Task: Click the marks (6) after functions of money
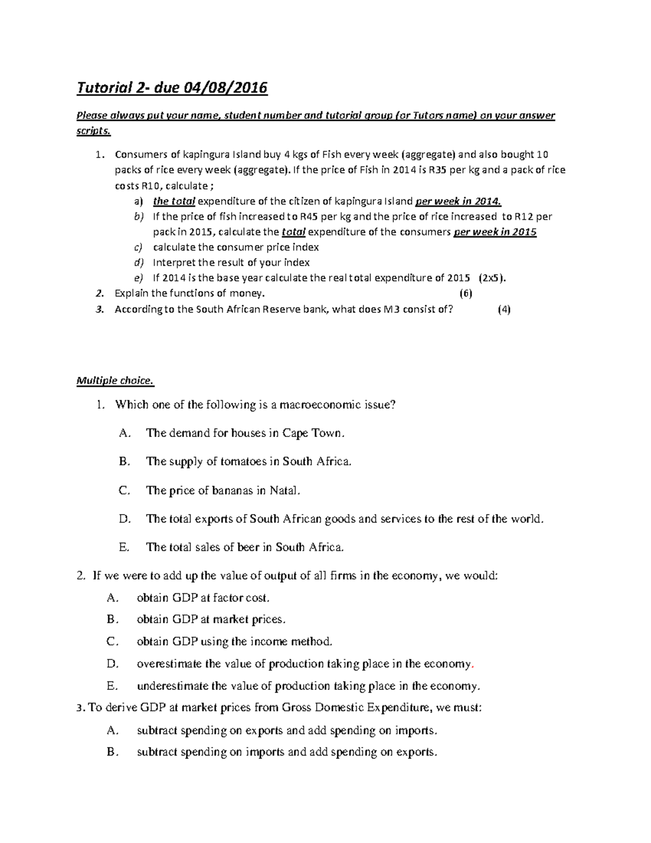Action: click(x=465, y=294)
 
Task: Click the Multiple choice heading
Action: click(x=115, y=381)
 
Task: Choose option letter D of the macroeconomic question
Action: click(x=125, y=519)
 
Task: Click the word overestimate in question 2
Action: click(x=170, y=664)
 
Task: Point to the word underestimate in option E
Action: click(x=174, y=686)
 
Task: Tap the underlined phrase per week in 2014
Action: click(x=458, y=201)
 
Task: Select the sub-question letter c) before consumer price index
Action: click(x=138, y=248)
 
